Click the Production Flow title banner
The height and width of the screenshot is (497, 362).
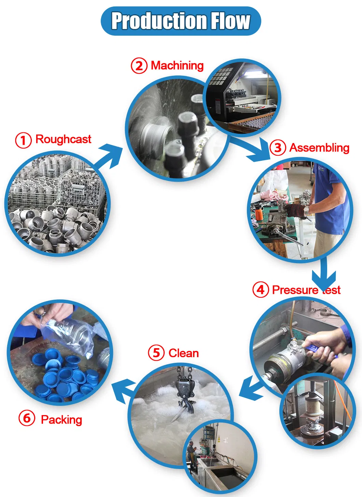[181, 21]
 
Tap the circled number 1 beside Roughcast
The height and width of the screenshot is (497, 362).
[23, 140]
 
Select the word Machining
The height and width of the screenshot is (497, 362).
[177, 66]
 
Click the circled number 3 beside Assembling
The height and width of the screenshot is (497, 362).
[278, 148]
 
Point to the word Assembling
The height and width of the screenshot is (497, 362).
[319, 148]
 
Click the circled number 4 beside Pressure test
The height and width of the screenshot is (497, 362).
[261, 290]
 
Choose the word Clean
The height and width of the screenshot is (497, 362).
[184, 353]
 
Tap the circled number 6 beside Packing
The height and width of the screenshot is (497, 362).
[27, 418]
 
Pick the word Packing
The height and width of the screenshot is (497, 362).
[61, 420]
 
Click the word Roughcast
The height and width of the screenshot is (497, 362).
[64, 139]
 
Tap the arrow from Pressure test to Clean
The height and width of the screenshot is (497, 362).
[251, 387]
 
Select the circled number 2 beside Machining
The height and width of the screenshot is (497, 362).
[139, 66]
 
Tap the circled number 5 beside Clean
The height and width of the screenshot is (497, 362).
[156, 353]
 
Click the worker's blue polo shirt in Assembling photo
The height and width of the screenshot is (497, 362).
[331, 201]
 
